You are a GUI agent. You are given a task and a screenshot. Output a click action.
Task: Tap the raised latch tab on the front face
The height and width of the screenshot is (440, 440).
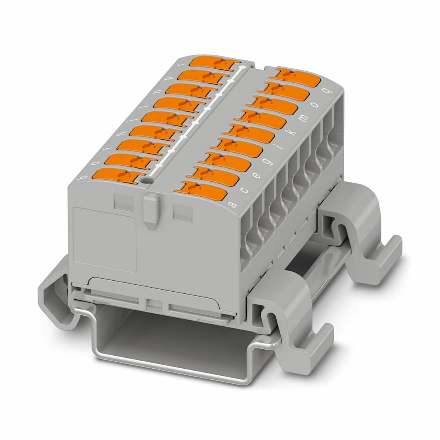click(x=151, y=209)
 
